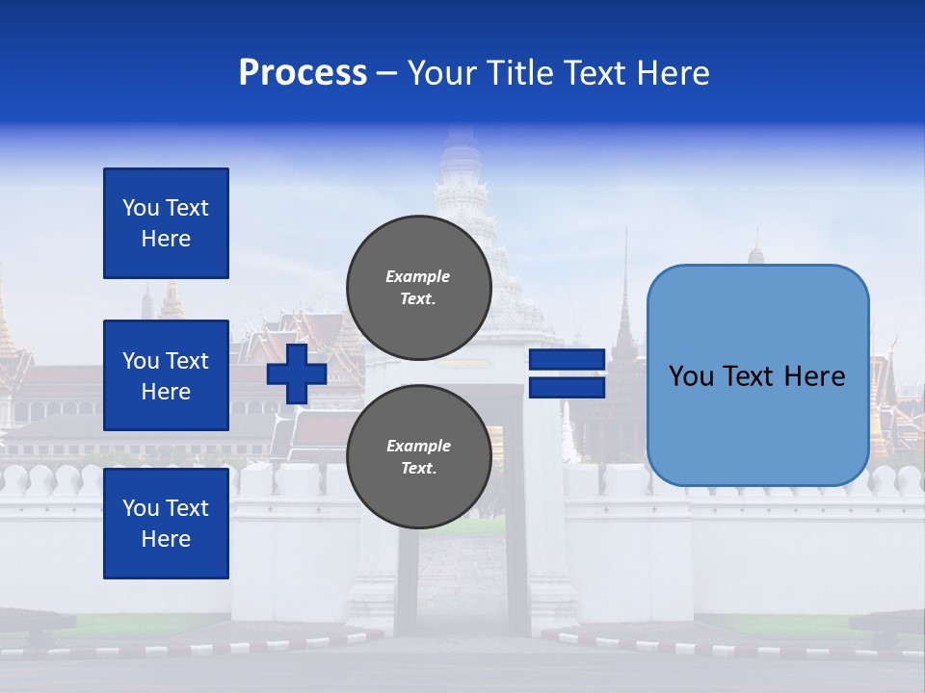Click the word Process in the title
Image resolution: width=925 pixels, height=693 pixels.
(303, 73)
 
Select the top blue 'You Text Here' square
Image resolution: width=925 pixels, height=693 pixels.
(166, 223)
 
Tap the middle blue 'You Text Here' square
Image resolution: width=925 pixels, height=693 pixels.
(166, 375)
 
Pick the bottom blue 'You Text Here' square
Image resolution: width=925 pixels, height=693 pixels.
(166, 524)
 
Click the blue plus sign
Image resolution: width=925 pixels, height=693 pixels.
(297, 373)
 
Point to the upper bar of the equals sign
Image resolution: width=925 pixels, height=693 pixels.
(568, 360)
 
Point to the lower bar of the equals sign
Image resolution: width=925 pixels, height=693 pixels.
(568, 388)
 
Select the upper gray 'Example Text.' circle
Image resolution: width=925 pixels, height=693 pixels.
(418, 287)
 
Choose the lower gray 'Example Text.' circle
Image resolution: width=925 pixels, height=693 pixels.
(418, 456)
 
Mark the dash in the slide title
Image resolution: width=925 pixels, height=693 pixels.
(386, 74)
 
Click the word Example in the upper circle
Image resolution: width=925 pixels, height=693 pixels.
(418, 276)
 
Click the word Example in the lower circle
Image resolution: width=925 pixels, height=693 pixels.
(418, 446)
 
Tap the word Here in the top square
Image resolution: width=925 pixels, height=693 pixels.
(166, 239)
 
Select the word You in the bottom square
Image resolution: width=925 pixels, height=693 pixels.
(141, 508)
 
